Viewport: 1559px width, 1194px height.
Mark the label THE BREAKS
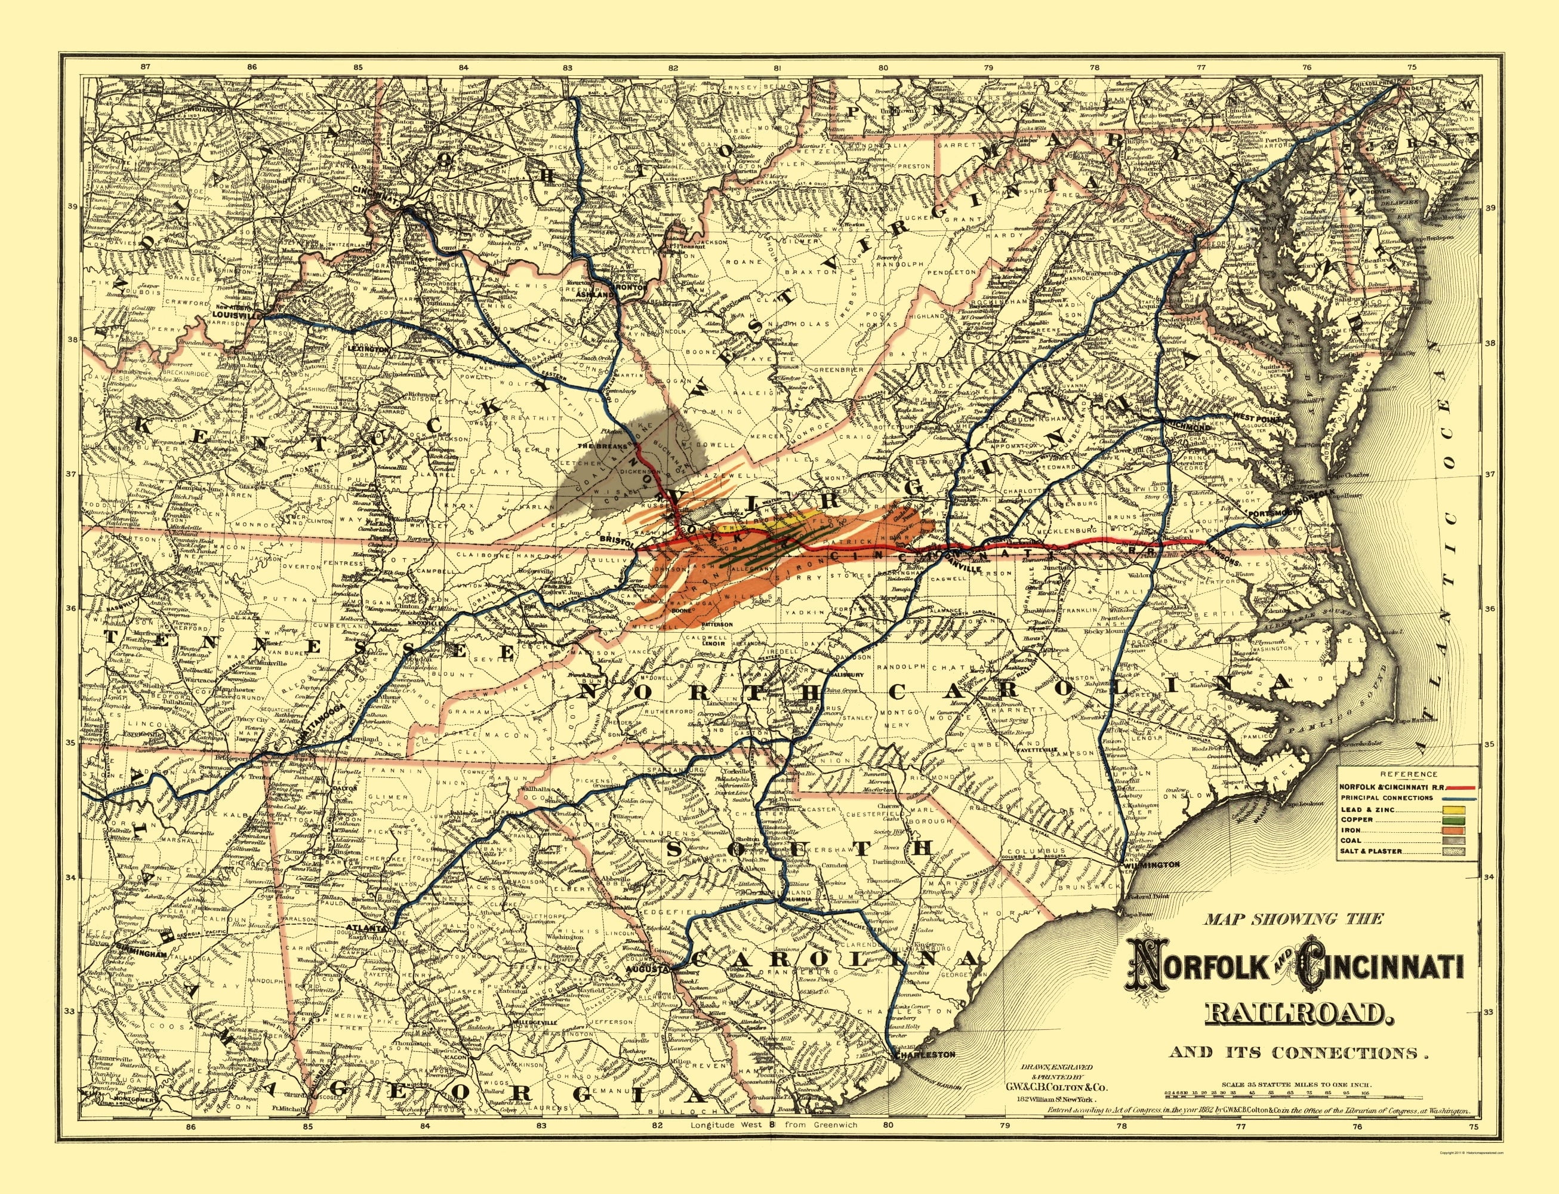[603, 445]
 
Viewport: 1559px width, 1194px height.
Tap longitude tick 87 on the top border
[146, 66]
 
